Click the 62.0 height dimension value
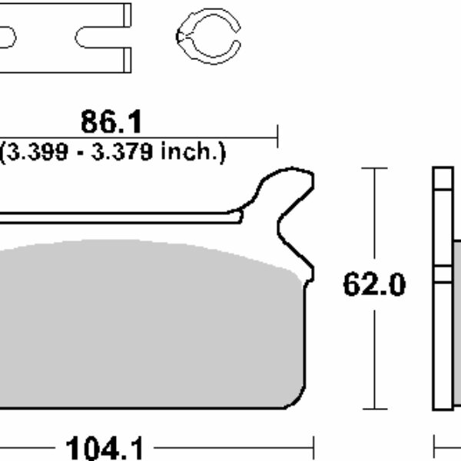coord(373,285)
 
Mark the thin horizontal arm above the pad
coord(115,218)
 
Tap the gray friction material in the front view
coord(146,323)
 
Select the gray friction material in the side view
coord(456,323)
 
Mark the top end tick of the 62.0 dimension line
coord(373,167)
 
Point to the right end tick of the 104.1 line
coord(313,446)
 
